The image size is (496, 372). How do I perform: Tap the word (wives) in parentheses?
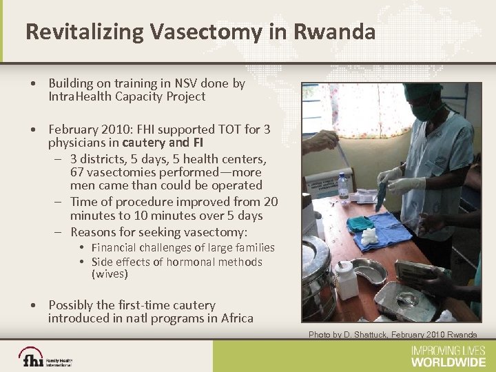[110, 274]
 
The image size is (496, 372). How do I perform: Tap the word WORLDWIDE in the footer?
[448, 362]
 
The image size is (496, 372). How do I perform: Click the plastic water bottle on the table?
[343, 187]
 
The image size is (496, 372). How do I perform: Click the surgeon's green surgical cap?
[422, 90]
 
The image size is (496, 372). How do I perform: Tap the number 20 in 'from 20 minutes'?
[270, 202]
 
